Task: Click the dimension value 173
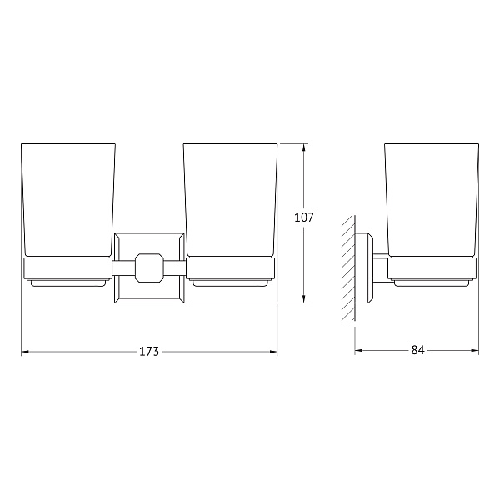(x=149, y=352)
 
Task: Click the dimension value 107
(x=304, y=217)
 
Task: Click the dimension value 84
(x=417, y=350)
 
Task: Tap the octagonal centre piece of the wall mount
(x=149, y=267)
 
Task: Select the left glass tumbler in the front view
(x=68, y=200)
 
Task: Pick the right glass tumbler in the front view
(x=230, y=200)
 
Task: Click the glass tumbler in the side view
(x=432, y=200)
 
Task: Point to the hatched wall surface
(x=348, y=267)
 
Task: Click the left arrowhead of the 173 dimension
(x=25, y=352)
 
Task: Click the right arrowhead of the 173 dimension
(x=273, y=352)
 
